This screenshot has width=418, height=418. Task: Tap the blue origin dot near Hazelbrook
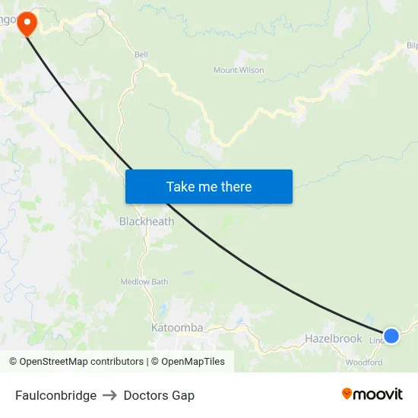(x=391, y=335)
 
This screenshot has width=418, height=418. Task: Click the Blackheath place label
(x=147, y=222)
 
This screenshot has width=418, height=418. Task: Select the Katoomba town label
(x=177, y=328)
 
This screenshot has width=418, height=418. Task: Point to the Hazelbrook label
(x=333, y=338)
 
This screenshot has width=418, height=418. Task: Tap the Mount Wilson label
(x=239, y=71)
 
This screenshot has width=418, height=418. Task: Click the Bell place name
(x=141, y=55)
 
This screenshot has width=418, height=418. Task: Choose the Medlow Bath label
(x=144, y=282)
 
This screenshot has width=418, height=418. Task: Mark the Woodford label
(x=364, y=363)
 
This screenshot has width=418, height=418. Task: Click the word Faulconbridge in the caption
(x=55, y=395)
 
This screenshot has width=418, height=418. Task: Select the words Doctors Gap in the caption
(x=159, y=395)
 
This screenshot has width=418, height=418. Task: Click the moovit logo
(x=372, y=394)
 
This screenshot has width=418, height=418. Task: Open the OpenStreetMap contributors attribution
(x=76, y=362)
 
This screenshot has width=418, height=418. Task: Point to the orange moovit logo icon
(x=347, y=394)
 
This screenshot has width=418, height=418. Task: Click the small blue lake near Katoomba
(x=162, y=309)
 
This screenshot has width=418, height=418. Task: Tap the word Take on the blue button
(x=181, y=187)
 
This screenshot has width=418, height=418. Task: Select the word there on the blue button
(x=235, y=187)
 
